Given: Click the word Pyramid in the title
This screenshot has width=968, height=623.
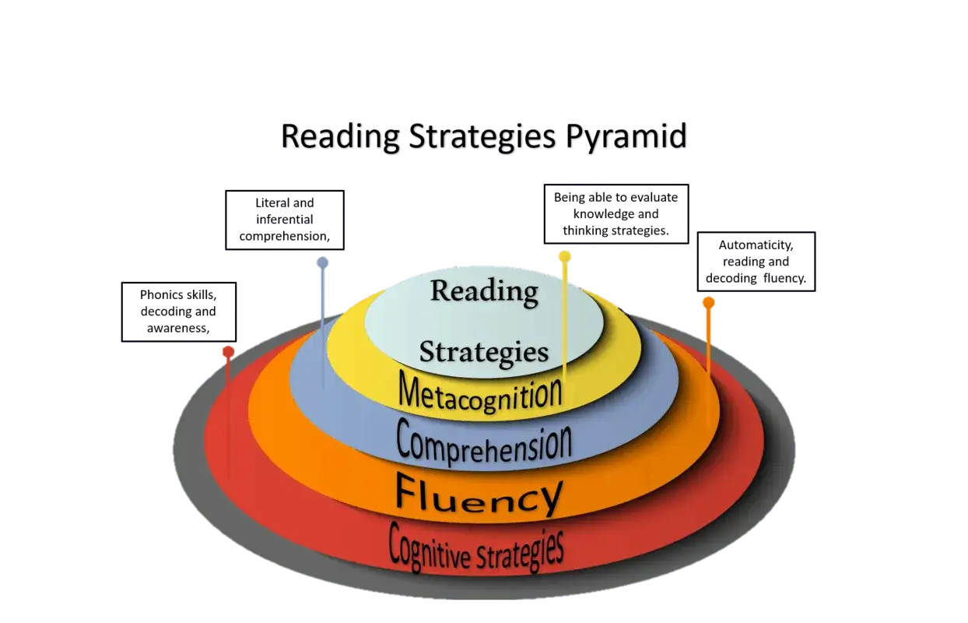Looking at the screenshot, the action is point(626,137).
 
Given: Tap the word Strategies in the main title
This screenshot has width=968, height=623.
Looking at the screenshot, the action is point(482,137).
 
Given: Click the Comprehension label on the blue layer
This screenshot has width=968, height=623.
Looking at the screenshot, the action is point(484,442).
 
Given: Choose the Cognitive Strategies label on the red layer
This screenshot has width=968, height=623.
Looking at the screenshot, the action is point(475,547).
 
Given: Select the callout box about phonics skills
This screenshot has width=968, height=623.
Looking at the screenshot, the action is point(179,311).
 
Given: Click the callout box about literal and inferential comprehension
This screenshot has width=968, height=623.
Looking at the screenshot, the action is point(285,220).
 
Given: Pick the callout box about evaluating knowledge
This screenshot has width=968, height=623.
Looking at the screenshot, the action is point(616,214).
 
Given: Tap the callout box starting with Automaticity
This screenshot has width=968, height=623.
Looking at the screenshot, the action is point(756,262).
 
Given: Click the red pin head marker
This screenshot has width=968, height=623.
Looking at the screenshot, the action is point(229,352).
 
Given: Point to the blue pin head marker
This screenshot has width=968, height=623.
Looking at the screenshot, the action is point(322,262).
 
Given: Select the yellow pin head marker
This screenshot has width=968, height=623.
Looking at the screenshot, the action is point(564,257).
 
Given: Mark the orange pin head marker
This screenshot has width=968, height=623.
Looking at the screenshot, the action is point(708,303).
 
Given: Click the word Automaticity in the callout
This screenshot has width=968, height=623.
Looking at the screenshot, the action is point(756,245).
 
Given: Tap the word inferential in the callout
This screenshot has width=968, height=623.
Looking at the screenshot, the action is point(285,219).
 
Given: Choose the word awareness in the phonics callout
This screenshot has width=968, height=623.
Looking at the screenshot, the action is point(178,328).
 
